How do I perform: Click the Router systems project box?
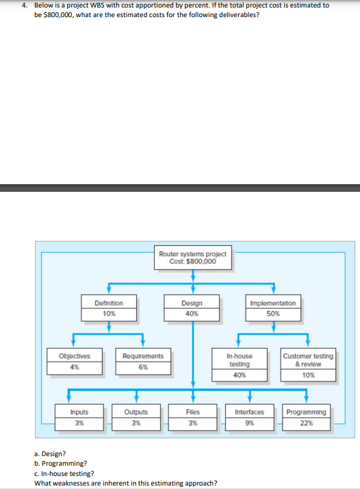[x=192, y=258]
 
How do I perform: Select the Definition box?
[x=109, y=308]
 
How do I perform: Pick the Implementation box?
[x=276, y=308]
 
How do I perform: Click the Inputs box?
[x=79, y=416]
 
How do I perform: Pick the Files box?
[x=193, y=416]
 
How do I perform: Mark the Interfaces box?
[x=250, y=416]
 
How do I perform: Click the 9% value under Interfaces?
[x=250, y=422]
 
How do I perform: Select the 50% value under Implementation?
[x=276, y=314]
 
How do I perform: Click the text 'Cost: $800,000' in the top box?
[x=192, y=261]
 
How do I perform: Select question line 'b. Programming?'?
[x=60, y=463]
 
